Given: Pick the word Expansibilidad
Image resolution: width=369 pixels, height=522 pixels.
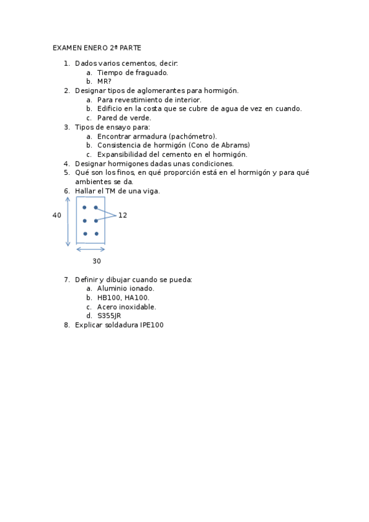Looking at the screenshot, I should [x=124, y=155].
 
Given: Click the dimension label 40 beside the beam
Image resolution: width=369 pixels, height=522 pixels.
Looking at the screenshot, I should [x=57, y=215].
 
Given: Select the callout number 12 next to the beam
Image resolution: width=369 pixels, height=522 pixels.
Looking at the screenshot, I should [x=123, y=215].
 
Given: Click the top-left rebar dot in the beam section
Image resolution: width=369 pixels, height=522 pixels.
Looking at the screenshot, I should [x=84, y=207].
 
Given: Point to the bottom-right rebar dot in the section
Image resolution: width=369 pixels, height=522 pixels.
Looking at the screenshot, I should [x=96, y=234].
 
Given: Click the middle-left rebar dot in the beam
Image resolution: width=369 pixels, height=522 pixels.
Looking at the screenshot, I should [x=84, y=220].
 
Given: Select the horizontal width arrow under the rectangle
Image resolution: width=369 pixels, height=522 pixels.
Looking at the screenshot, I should [x=91, y=249].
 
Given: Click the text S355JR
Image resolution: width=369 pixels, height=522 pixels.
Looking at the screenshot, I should [x=109, y=316].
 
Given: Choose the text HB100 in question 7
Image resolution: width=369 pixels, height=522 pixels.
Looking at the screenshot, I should [x=109, y=298].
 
